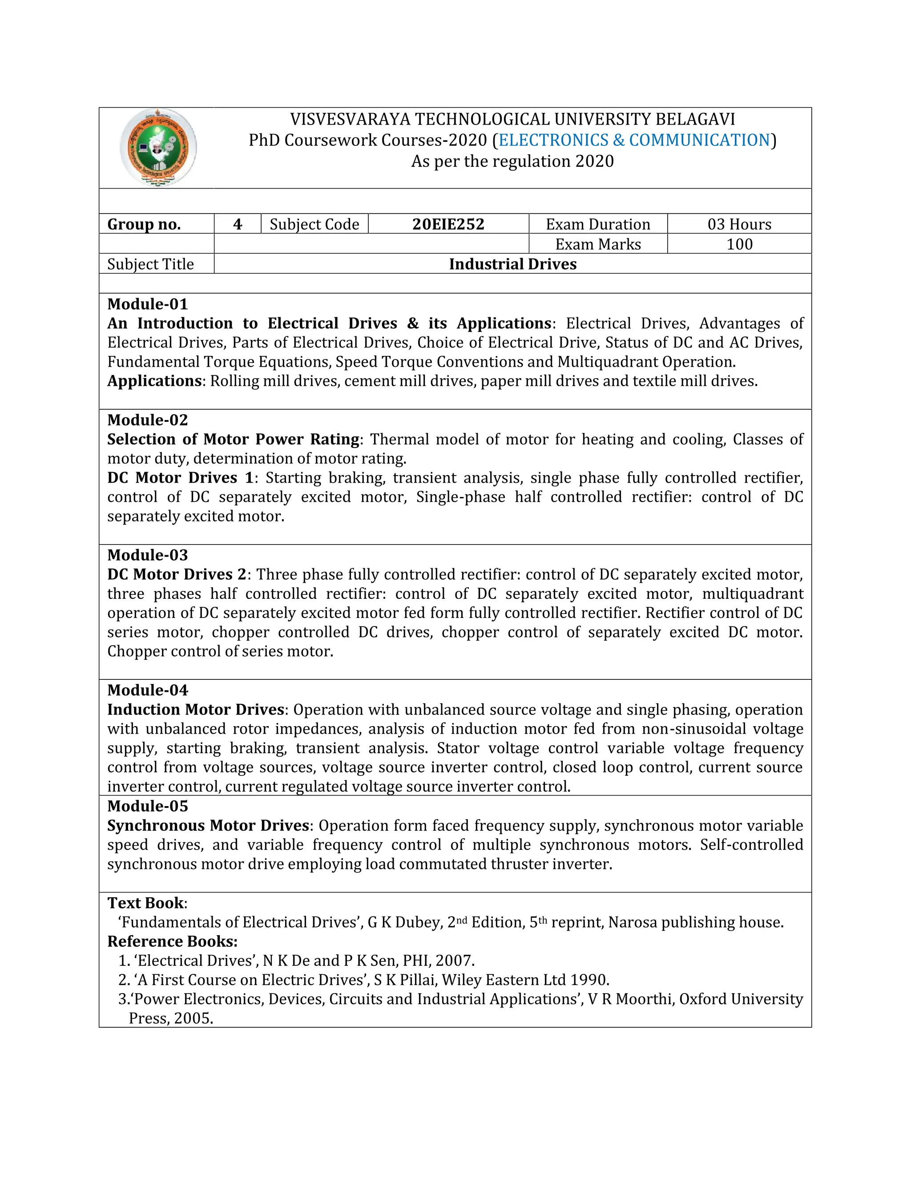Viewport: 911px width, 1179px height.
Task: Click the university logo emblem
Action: pyautogui.click(x=158, y=148)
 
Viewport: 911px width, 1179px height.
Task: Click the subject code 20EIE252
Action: pyautogui.click(x=448, y=224)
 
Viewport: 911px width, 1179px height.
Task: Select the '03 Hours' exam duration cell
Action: pyautogui.click(x=739, y=224)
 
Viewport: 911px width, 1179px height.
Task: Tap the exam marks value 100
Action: pyautogui.click(x=739, y=244)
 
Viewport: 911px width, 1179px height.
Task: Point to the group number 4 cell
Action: pyautogui.click(x=238, y=224)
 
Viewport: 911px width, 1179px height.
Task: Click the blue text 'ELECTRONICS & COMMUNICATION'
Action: pyautogui.click(x=634, y=140)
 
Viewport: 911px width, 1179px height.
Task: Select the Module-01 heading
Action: pyautogui.click(x=147, y=304)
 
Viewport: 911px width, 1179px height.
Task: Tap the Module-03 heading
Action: pyautogui.click(x=147, y=555)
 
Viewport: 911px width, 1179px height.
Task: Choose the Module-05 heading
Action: pyautogui.click(x=147, y=806)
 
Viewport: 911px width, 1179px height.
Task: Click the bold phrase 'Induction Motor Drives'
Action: pyautogui.click(x=195, y=709)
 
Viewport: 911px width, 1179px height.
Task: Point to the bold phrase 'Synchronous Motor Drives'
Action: pyautogui.click(x=208, y=825)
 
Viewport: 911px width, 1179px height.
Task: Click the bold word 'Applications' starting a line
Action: pyautogui.click(x=154, y=381)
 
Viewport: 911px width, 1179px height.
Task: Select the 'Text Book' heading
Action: pyautogui.click(x=146, y=903)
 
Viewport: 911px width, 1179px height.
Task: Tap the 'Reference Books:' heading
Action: pyautogui.click(x=172, y=941)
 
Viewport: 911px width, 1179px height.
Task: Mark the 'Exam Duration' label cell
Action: pyautogui.click(x=597, y=224)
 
